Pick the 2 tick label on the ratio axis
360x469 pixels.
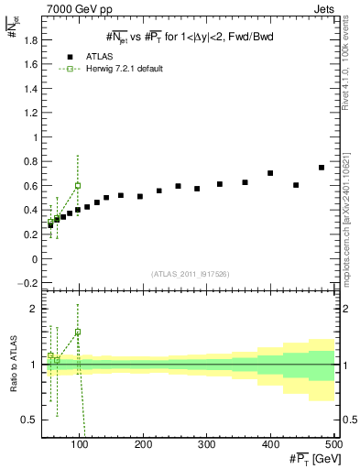pyautogui.click(x=34, y=309)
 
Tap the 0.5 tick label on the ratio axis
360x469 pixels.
pyautogui.click(x=30, y=420)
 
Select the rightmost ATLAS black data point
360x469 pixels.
pyautogui.click(x=322, y=168)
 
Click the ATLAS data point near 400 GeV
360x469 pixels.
pyautogui.click(x=270, y=173)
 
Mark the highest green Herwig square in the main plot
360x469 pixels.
pyautogui.click(x=78, y=185)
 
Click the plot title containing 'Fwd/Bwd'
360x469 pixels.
pyautogui.click(x=190, y=37)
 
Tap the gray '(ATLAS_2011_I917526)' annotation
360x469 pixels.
pyautogui.click(x=190, y=273)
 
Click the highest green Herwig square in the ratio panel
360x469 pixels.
pyautogui.click(x=78, y=332)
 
